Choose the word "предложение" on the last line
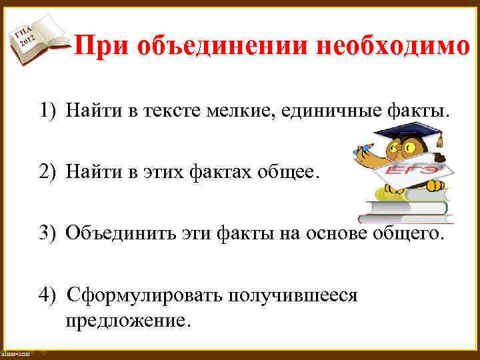126,321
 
